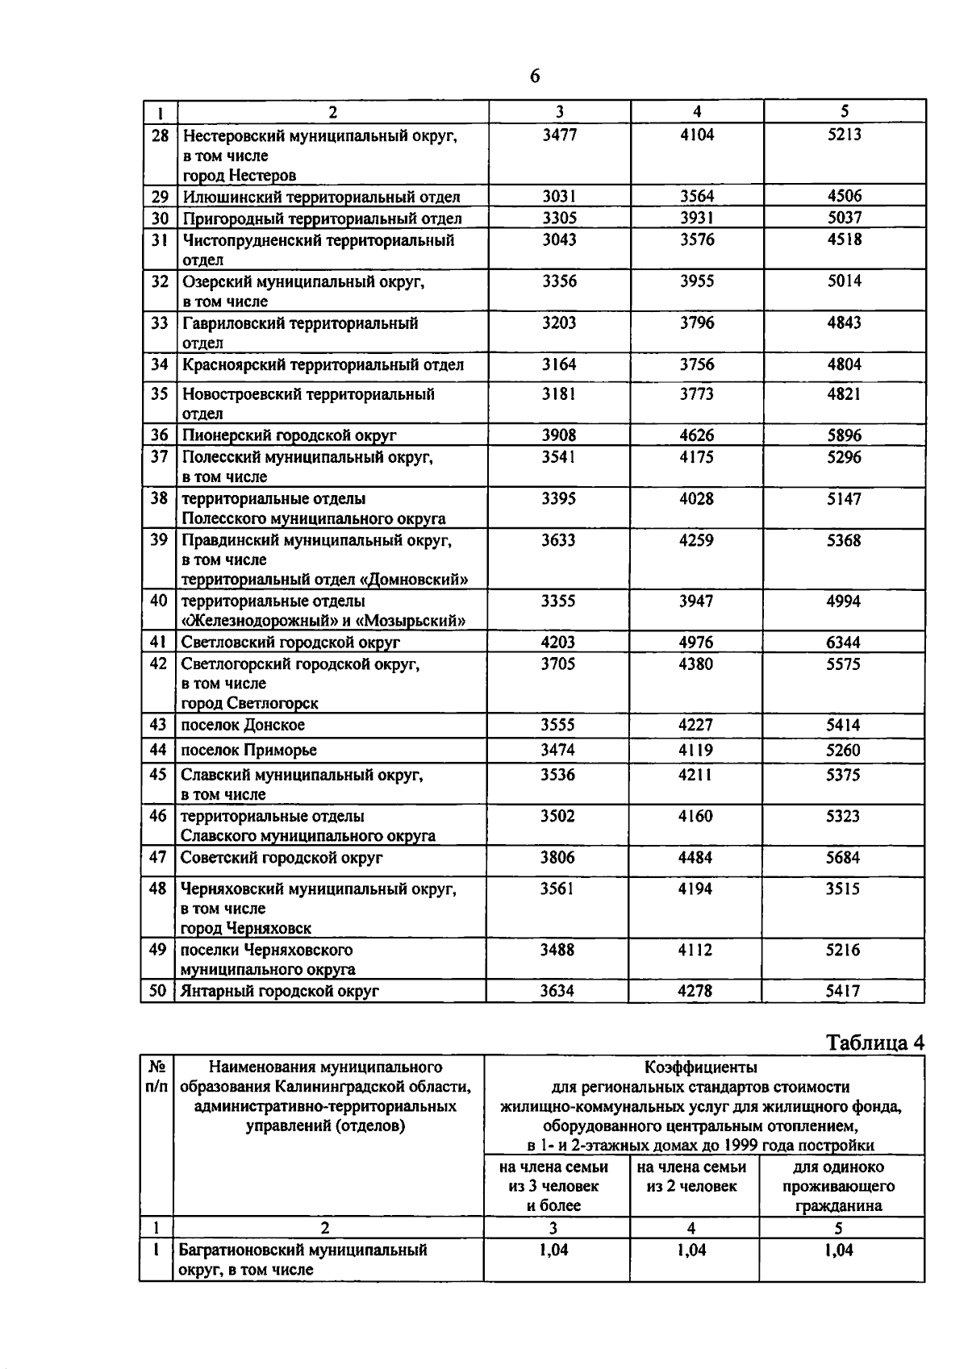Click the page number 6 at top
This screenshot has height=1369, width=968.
[x=535, y=77]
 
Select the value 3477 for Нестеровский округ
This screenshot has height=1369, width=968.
[x=559, y=135]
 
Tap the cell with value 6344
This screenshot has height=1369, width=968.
[x=844, y=643]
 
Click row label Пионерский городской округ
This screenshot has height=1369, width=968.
[x=289, y=435]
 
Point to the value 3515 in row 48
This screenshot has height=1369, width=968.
[x=843, y=888]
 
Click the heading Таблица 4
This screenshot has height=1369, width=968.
[x=875, y=1042]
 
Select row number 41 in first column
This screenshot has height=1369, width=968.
[x=158, y=643]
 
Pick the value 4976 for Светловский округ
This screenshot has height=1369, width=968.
[x=696, y=643]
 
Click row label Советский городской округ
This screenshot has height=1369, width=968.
[x=281, y=858]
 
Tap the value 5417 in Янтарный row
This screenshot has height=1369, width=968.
[x=843, y=991]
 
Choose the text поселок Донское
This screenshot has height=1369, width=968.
[x=243, y=725]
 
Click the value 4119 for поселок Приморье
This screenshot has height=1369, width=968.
[x=696, y=750]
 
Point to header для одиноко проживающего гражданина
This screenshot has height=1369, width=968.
[x=838, y=1187]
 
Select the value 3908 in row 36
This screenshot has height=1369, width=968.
[x=559, y=435]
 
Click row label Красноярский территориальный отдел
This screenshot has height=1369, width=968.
[x=323, y=365]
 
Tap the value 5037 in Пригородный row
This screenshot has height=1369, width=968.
[x=845, y=218]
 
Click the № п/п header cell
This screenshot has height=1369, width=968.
[x=156, y=1077]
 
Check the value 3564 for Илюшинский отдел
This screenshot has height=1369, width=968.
[x=697, y=196]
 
